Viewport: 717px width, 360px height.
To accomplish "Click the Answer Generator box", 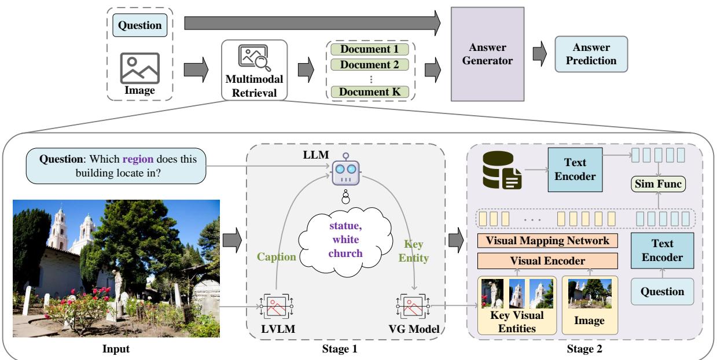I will pos(487,56).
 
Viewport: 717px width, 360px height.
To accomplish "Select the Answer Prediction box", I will pos(591,55).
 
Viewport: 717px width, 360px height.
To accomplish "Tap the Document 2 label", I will pos(370,64).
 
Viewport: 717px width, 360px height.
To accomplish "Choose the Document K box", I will pos(370,91).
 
